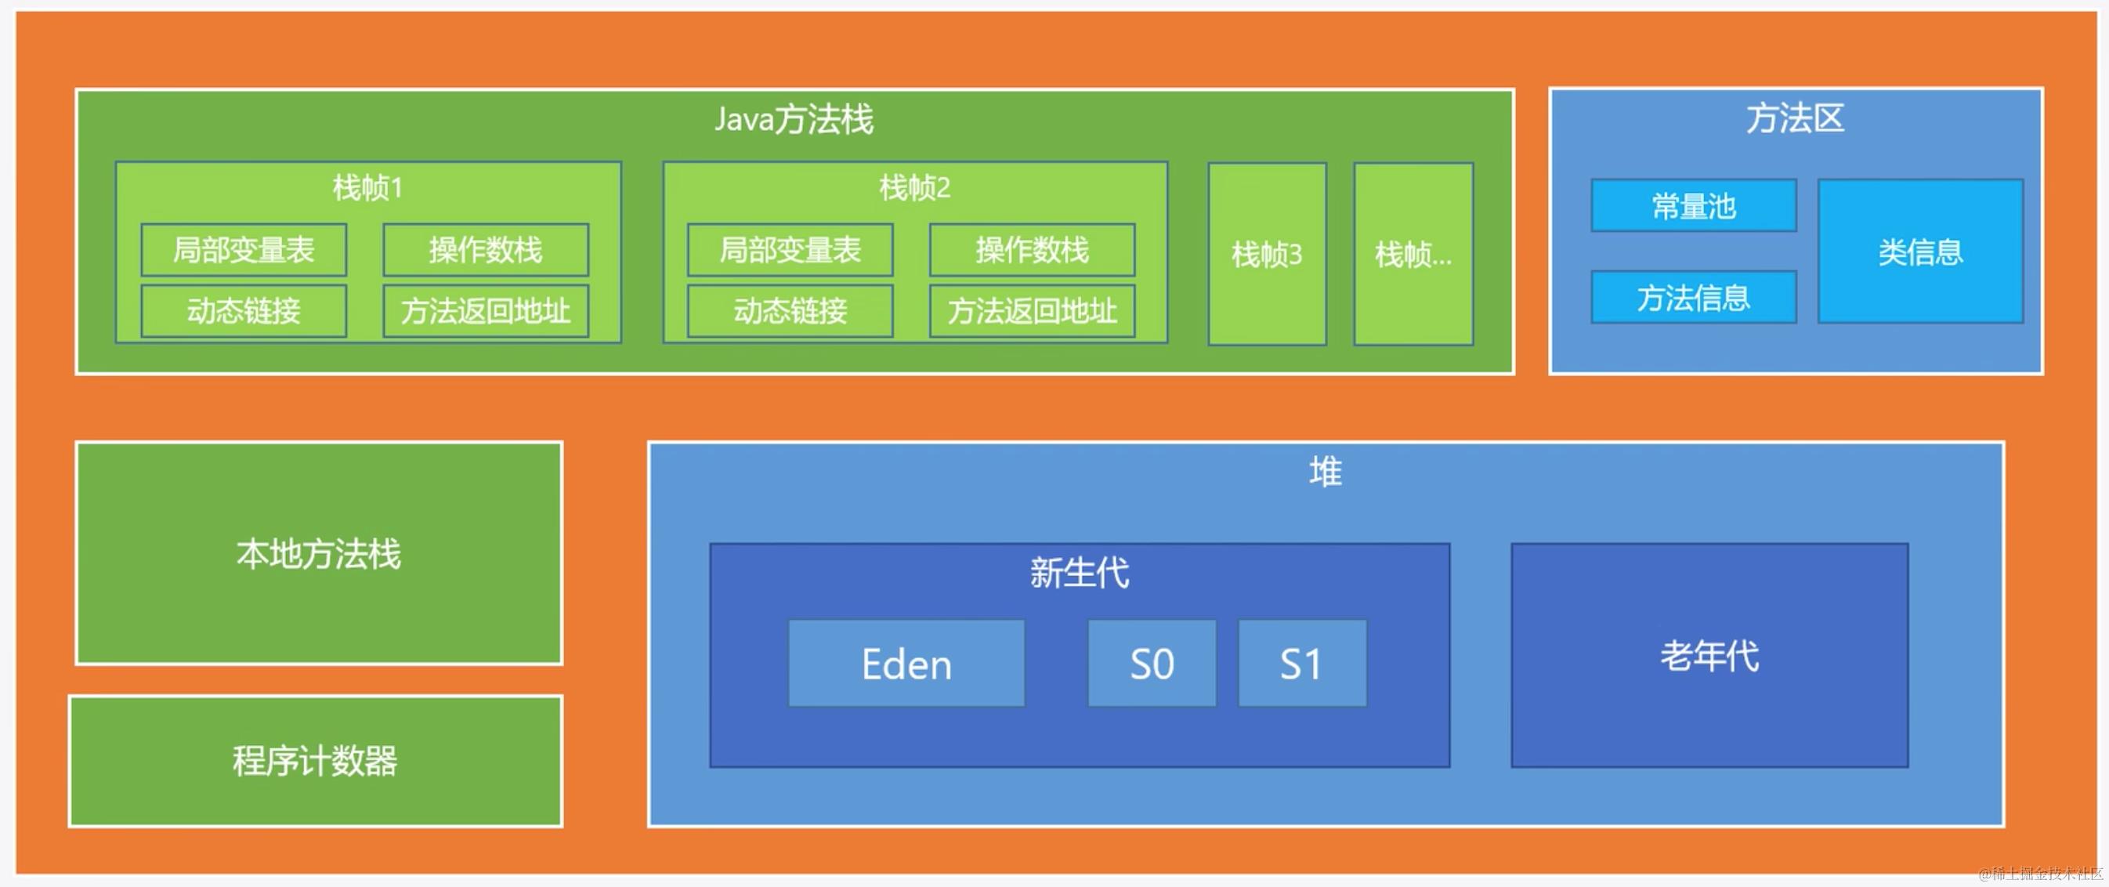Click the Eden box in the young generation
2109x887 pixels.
click(906, 663)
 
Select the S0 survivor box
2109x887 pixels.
click(1151, 663)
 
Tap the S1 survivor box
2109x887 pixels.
click(1302, 663)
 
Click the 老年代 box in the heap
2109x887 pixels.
click(1709, 655)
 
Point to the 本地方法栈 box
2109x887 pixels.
click(319, 554)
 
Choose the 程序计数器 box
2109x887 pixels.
click(315, 761)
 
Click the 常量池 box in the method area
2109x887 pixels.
click(1693, 205)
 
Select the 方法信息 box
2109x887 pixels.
click(1693, 297)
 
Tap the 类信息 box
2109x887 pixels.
click(1920, 252)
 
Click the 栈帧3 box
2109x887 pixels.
click(1267, 255)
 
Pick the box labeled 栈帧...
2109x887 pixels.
click(1413, 255)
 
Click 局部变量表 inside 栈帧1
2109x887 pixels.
click(243, 250)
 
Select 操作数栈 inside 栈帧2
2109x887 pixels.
click(1032, 250)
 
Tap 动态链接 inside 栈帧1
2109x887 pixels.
click(243, 311)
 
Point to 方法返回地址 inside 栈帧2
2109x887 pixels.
click(1032, 311)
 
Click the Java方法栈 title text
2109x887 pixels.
click(794, 120)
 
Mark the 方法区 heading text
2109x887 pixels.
click(1795, 119)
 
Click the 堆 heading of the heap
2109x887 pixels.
click(1325, 472)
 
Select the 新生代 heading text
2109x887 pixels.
click(1079, 573)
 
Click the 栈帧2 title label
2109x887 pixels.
click(914, 188)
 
